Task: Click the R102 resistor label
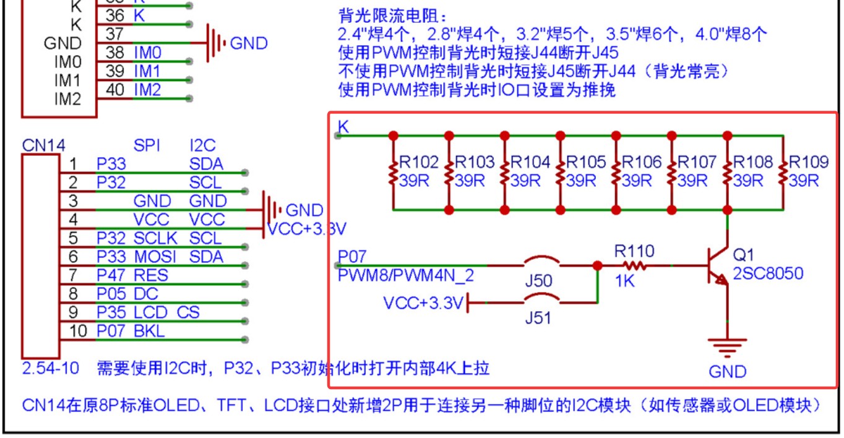419,162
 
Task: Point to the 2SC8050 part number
768,273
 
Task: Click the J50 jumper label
538,281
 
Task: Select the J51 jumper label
538,319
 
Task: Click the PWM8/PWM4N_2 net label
406,275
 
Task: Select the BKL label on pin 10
149,331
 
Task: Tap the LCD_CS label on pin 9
166,312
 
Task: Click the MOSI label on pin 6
155,257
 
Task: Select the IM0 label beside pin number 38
147,53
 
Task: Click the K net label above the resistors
343,127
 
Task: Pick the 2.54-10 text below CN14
51,369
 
